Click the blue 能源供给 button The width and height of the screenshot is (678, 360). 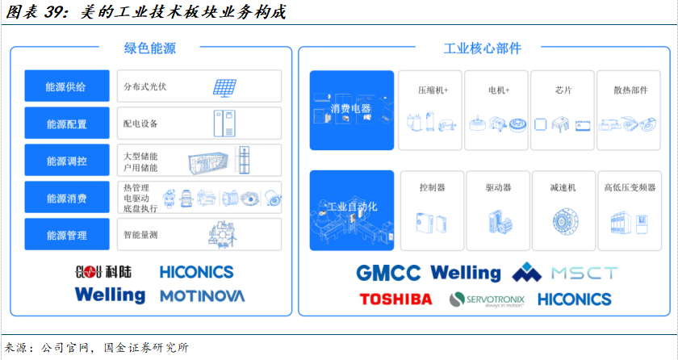click(x=66, y=86)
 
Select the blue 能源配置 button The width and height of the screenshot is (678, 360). click(x=66, y=123)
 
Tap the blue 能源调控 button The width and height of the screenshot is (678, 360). click(x=66, y=161)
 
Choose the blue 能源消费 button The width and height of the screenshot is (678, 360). click(x=66, y=198)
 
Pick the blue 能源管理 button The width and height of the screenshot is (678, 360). click(x=66, y=235)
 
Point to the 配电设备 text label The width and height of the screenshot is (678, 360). click(x=140, y=123)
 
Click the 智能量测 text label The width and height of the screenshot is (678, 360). click(x=140, y=235)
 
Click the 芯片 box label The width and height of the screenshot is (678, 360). click(x=563, y=90)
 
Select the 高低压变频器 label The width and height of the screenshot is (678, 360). click(x=630, y=188)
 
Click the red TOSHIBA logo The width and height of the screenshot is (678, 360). click(x=395, y=299)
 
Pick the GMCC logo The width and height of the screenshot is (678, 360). click(x=389, y=273)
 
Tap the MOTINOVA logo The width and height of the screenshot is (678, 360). click(x=202, y=295)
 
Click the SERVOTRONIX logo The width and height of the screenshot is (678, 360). click(x=487, y=299)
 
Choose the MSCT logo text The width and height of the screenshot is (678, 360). click(x=584, y=273)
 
